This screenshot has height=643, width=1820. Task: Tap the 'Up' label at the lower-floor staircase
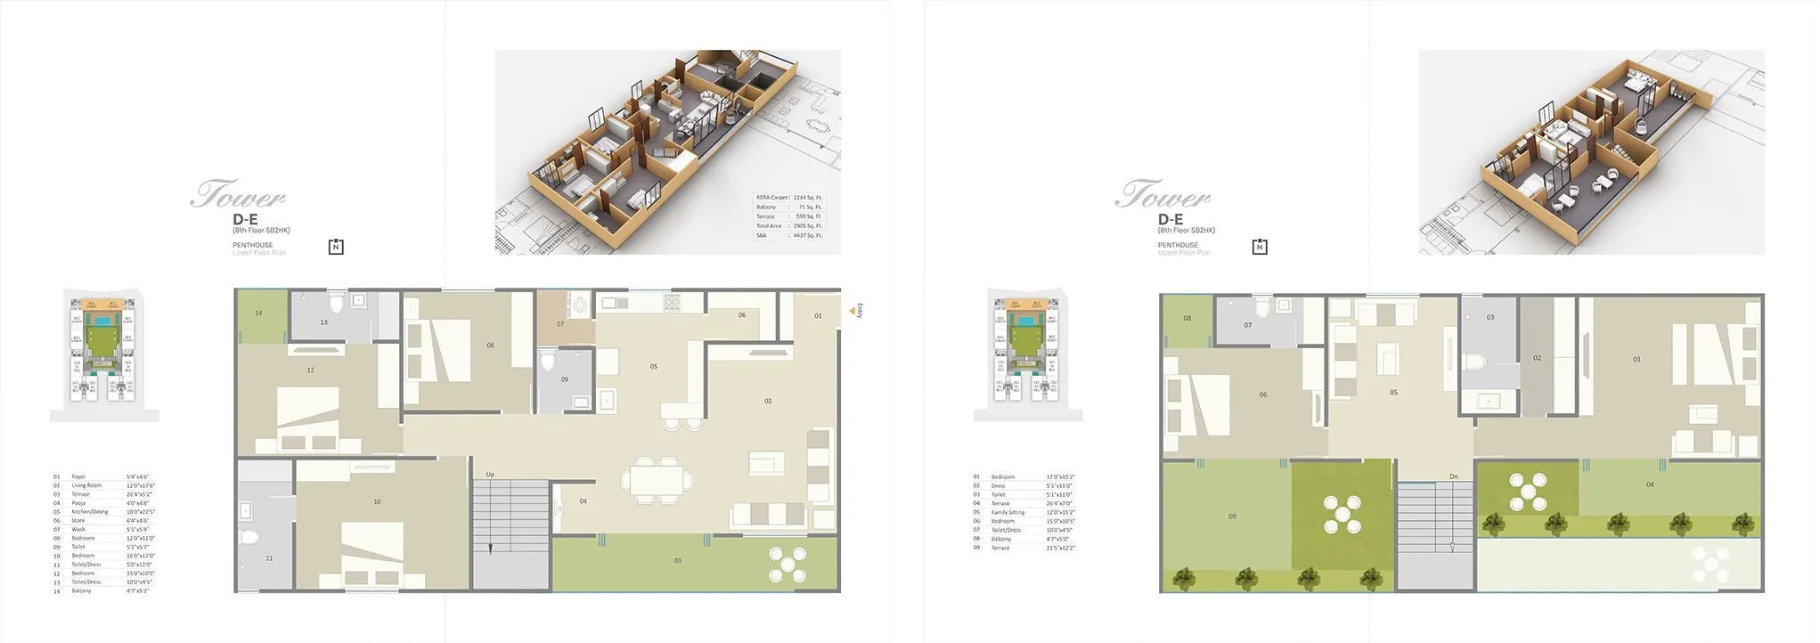tap(490, 475)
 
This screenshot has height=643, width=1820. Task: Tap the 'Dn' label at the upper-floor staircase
tap(1454, 476)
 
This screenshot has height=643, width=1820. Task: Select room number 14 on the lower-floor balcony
tap(258, 313)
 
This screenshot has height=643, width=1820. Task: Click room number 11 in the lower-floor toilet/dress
tap(269, 558)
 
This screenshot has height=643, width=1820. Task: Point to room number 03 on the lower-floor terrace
tap(678, 560)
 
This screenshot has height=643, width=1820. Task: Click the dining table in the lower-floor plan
tap(656, 478)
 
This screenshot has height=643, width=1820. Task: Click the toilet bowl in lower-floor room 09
tap(550, 360)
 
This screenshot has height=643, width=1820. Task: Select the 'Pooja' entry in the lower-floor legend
tap(79, 503)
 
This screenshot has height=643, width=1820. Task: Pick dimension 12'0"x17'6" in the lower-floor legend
tap(141, 485)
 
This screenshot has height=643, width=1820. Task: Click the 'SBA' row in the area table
tap(763, 235)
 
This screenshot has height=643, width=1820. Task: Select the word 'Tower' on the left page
tap(238, 194)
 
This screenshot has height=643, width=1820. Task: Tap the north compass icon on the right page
tap(1260, 247)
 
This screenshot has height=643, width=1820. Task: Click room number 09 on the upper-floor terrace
tap(1232, 517)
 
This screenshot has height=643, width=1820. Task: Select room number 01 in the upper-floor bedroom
tap(1636, 360)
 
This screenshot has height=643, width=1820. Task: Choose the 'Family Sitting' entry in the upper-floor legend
tap(1008, 512)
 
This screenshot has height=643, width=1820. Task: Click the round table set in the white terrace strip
tap(1709, 565)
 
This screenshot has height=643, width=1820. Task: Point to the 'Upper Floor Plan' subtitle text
tap(1184, 253)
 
